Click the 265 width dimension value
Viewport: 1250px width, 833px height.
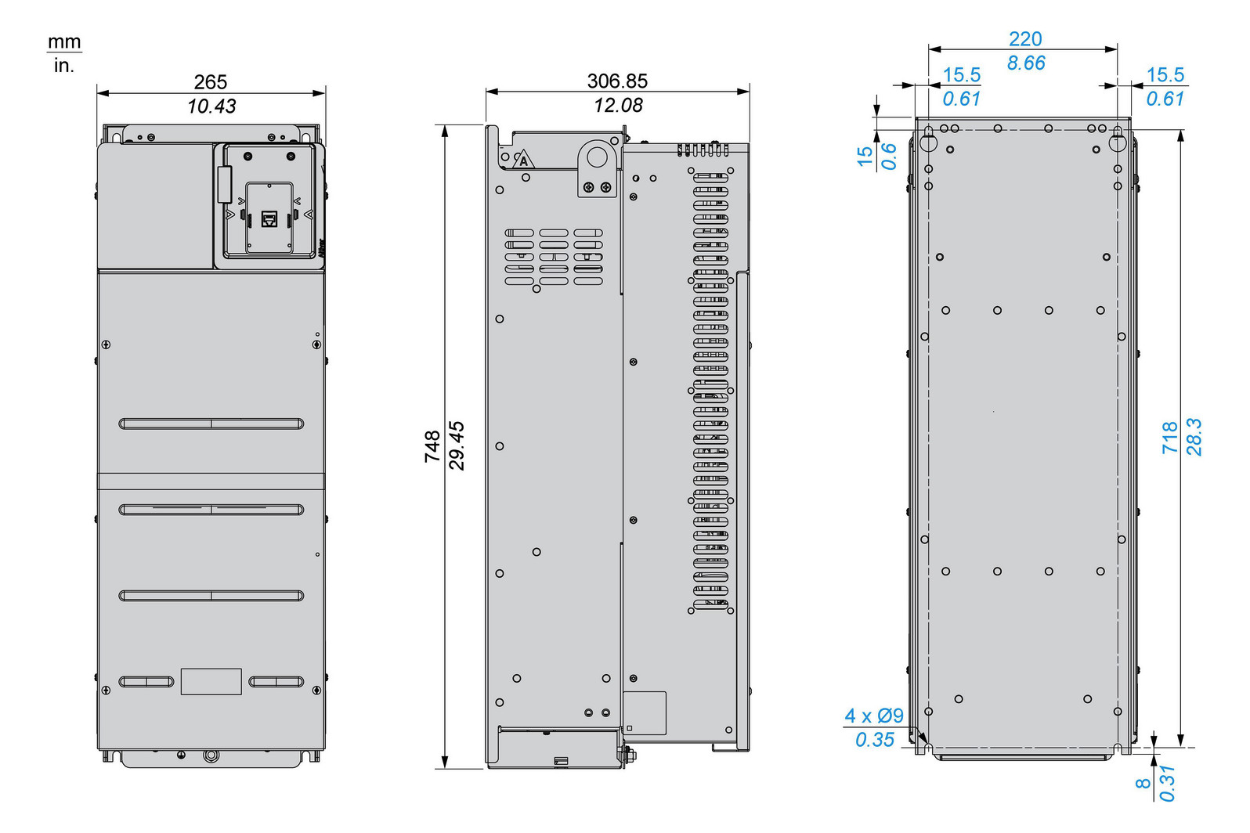point(210,81)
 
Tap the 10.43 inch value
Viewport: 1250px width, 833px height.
point(211,106)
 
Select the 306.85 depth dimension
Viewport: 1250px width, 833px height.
point(617,81)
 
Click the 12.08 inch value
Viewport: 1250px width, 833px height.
point(617,105)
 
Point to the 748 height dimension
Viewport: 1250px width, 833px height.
point(432,446)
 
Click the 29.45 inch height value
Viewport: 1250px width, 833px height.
point(457,446)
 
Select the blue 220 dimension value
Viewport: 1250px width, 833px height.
point(1024,38)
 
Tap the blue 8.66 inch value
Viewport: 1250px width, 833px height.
point(1025,63)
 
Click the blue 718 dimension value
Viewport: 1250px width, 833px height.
point(1169,437)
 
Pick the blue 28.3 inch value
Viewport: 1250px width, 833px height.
point(1194,437)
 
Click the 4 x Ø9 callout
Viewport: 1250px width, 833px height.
point(873,716)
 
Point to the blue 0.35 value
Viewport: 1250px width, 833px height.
point(874,740)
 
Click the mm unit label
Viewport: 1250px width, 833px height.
point(64,41)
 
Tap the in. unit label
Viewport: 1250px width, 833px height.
point(64,66)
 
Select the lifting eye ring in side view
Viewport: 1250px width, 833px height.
point(598,157)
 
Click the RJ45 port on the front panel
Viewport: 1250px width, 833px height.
point(269,219)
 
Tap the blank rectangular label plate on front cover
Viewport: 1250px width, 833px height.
point(211,681)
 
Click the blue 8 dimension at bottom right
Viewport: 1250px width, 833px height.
point(1143,782)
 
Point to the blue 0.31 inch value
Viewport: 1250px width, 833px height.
point(1167,782)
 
